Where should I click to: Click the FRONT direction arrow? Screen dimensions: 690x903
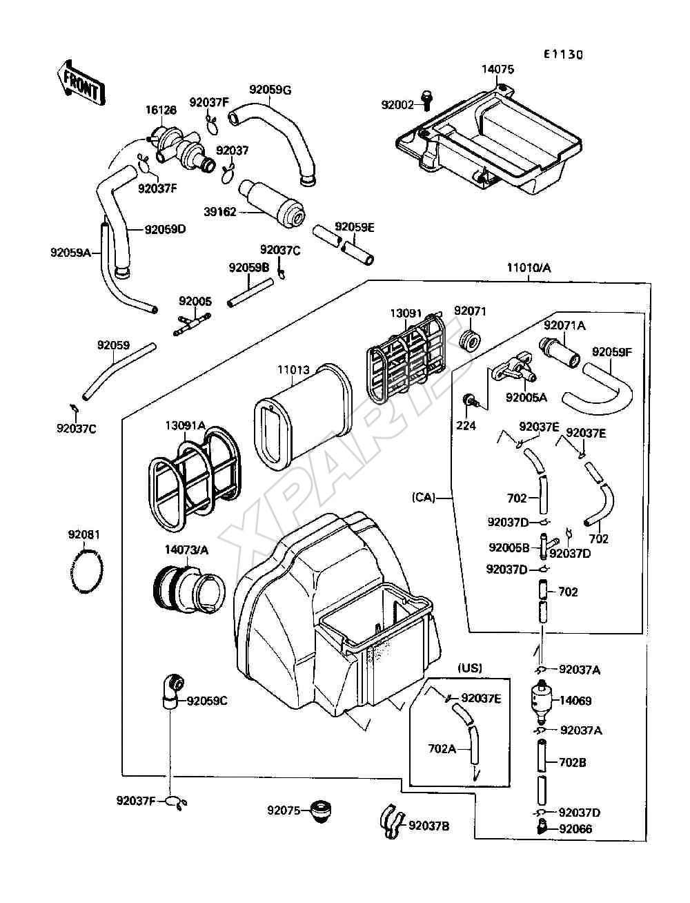pos(81,84)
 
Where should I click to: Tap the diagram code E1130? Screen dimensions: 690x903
pos(564,55)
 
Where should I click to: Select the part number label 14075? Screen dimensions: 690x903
pos(498,69)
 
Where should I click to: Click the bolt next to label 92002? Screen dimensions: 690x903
pos(426,100)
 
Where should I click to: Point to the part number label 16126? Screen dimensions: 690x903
pos(161,110)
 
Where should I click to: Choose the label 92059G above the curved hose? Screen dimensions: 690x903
pos(270,90)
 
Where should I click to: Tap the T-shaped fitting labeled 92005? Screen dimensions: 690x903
pos(192,324)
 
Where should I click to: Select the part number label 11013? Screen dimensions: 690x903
pos(293,370)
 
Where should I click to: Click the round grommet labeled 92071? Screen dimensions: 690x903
pos(470,340)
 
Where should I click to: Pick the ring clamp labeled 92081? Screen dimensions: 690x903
pos(86,572)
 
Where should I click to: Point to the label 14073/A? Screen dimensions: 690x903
pos(187,550)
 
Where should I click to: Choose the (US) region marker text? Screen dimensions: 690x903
pos(470,668)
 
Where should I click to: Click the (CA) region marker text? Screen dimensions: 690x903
pos(424,497)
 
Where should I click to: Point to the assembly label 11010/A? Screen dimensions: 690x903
pos(529,268)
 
